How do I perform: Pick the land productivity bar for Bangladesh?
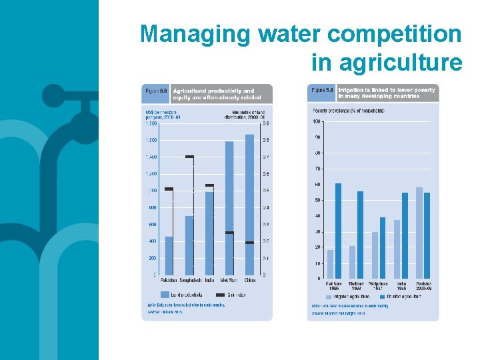[x=189, y=245]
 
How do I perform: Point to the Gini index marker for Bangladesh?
[x=189, y=157]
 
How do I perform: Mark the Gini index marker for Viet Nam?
[x=229, y=233]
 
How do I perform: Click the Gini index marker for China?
[x=249, y=243]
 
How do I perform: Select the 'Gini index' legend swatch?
[x=215, y=294]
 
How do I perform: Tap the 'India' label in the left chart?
[x=209, y=280]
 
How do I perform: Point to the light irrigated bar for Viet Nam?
[x=331, y=264]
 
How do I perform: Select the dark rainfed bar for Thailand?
[x=361, y=235]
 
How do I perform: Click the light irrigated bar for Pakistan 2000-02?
[x=419, y=233]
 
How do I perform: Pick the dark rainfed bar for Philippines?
[x=383, y=247]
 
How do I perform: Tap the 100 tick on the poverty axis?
[x=317, y=121]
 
